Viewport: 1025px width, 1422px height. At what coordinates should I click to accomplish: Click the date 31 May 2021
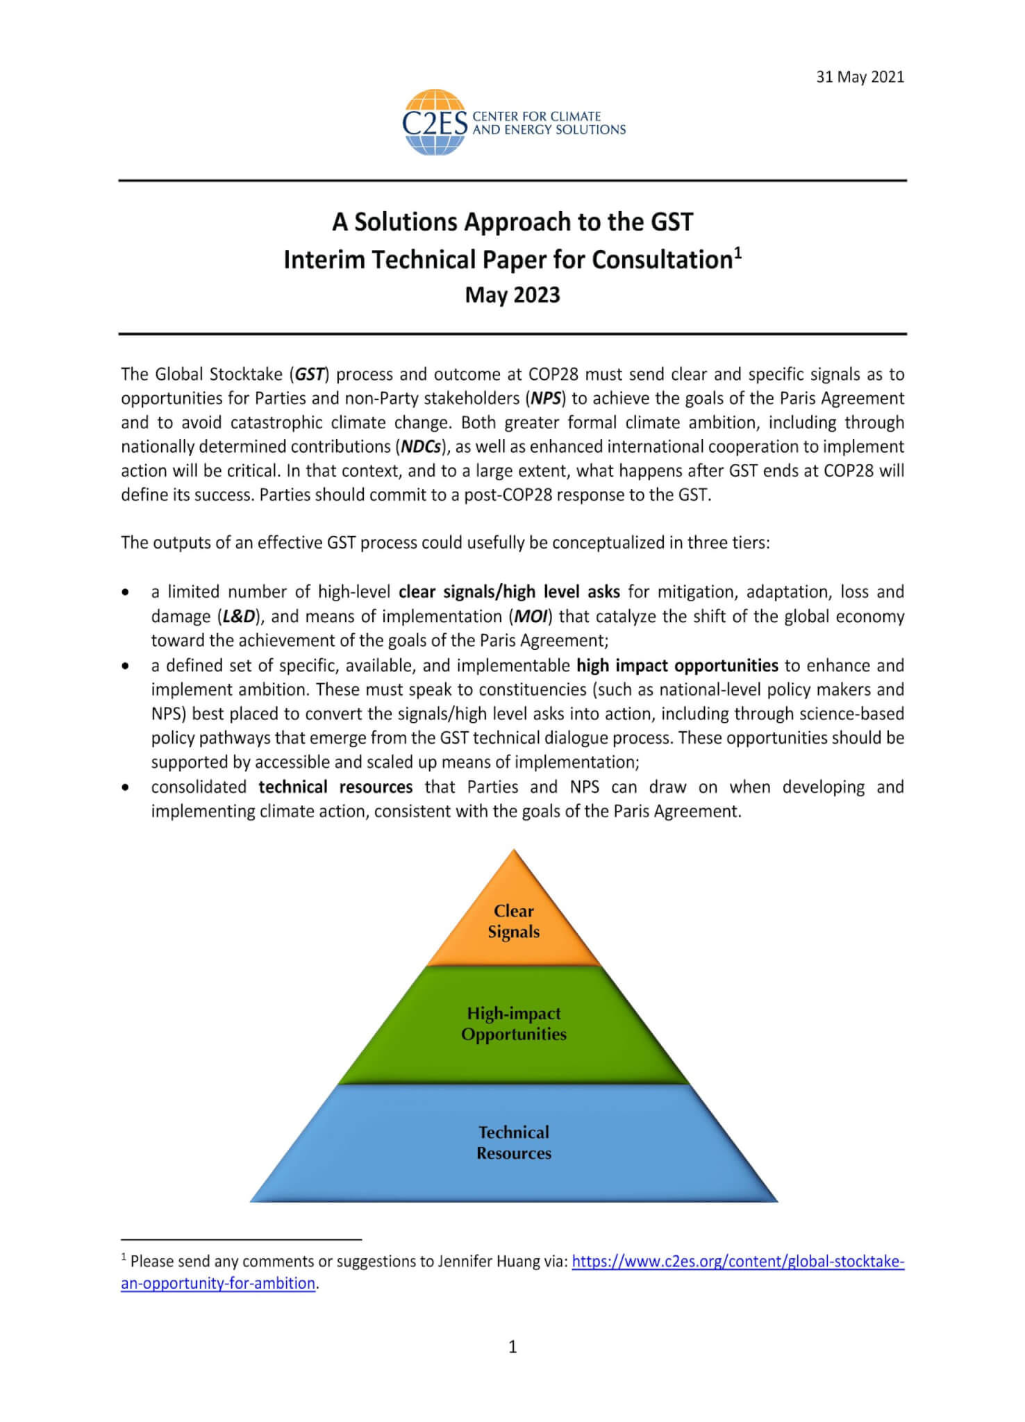pos(860,77)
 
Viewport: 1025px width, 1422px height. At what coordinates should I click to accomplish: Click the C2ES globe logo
pos(434,122)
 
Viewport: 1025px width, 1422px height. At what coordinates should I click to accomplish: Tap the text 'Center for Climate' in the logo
pos(536,117)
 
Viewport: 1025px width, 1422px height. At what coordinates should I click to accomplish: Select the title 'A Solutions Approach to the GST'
pos(512,222)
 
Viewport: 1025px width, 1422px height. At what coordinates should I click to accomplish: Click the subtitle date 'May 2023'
pos(512,295)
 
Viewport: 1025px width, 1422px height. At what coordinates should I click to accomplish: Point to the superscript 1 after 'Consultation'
pos(738,253)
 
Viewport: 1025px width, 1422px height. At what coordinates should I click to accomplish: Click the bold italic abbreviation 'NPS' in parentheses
pos(547,399)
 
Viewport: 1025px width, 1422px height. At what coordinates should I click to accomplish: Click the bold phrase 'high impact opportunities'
pos(677,665)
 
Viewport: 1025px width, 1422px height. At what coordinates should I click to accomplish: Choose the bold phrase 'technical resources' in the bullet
pos(335,787)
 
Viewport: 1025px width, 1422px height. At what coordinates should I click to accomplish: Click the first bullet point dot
pos(125,593)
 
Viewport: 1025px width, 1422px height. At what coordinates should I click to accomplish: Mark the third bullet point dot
pos(125,788)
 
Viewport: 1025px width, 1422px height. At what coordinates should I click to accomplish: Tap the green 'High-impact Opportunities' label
pos(513,1023)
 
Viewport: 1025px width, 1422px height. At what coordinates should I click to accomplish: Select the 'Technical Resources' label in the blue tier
pos(513,1142)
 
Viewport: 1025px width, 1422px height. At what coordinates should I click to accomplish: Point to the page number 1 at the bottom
pos(512,1348)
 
